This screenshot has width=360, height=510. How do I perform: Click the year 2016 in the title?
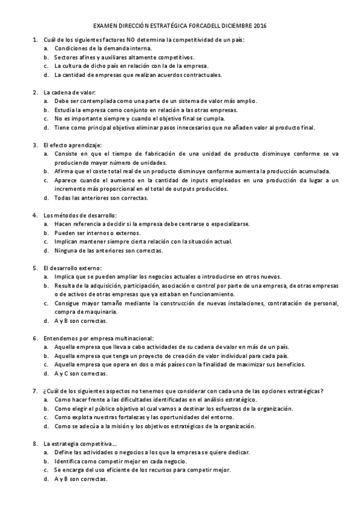[259, 26]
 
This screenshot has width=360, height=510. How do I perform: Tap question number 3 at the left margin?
[34, 144]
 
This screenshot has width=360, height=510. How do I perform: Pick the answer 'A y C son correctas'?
[81, 373]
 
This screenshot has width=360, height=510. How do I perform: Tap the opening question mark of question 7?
[45, 391]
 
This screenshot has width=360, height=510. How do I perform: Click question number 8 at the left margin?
[34, 443]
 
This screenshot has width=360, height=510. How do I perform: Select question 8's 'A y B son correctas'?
[81, 479]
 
